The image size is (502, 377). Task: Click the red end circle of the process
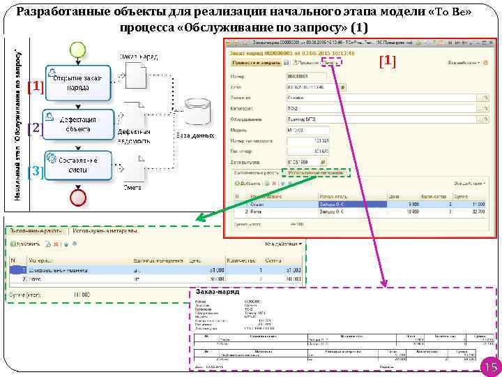click(x=77, y=197)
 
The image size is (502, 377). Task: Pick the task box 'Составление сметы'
click(x=77, y=165)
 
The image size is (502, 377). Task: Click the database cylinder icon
click(x=199, y=112)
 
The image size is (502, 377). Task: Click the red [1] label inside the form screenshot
click(x=388, y=61)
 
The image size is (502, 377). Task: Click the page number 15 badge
click(x=489, y=367)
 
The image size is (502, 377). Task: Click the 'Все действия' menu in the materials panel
click(x=283, y=244)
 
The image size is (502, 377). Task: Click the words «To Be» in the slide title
click(x=446, y=13)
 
